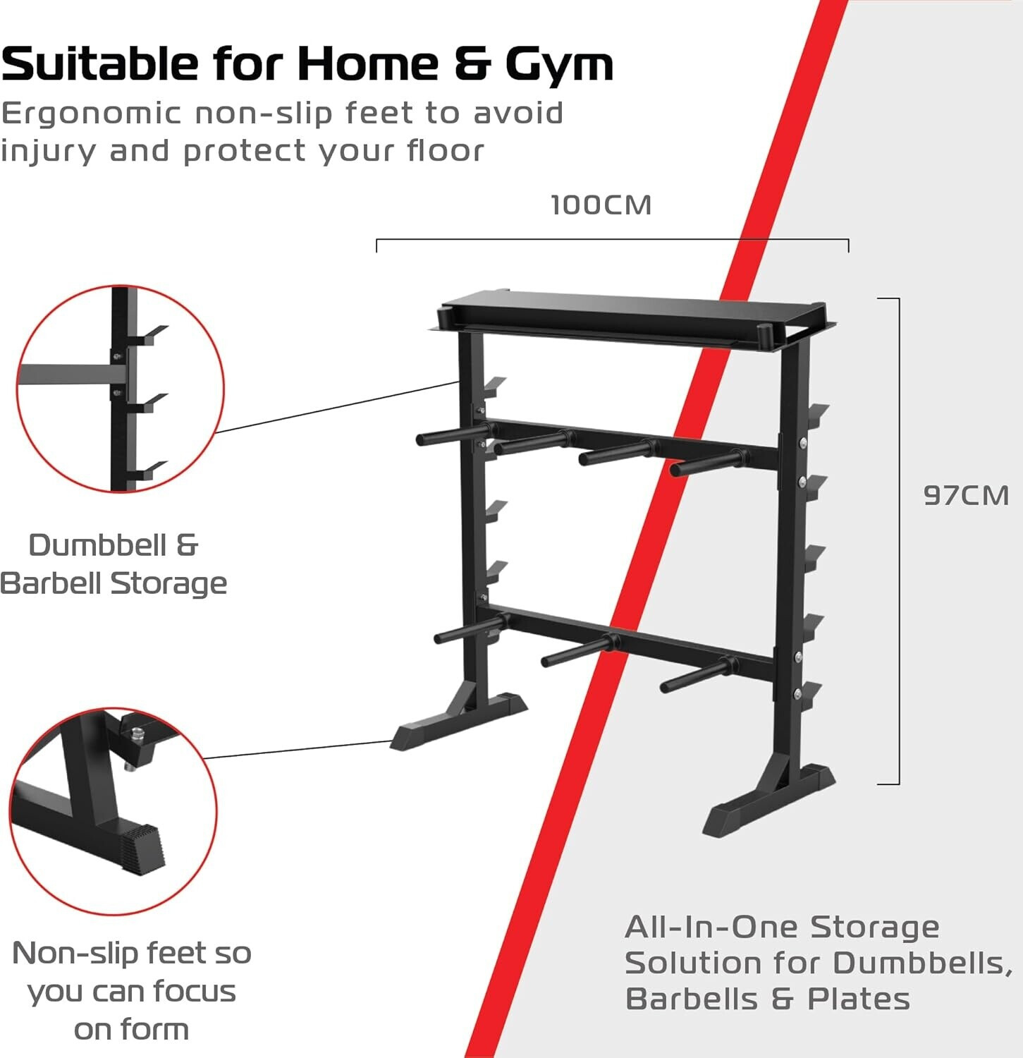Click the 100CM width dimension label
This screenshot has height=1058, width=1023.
[x=601, y=205]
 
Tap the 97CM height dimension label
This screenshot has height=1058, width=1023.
[x=966, y=495]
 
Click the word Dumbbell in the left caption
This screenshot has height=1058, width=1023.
[x=98, y=545]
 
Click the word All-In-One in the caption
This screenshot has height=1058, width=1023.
[x=711, y=927]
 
